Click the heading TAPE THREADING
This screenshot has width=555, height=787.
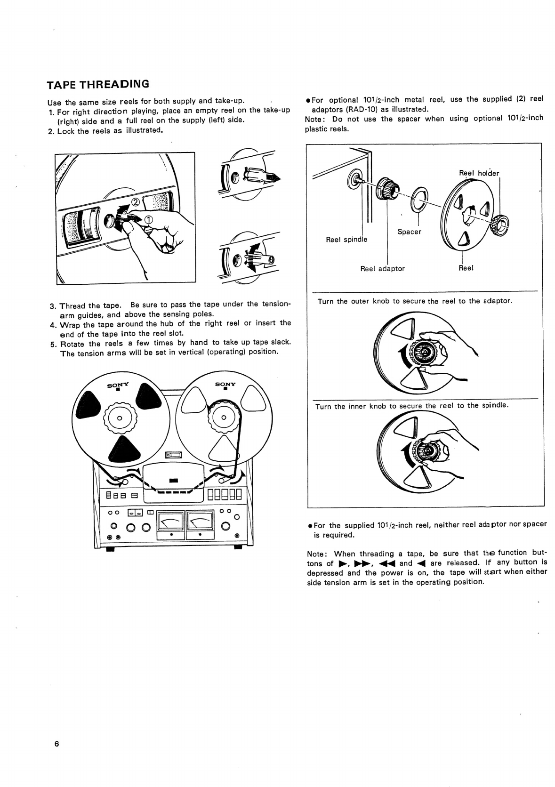(98, 85)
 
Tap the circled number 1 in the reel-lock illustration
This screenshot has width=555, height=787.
(148, 219)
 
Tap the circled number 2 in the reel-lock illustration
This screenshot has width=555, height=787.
(135, 203)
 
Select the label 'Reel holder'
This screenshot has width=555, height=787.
(478, 173)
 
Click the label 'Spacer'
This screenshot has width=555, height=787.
(409, 232)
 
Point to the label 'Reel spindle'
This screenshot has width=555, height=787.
(346, 239)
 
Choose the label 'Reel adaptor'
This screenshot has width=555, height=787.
(382, 269)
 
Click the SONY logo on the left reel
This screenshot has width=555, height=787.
(119, 385)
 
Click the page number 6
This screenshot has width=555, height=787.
(56, 744)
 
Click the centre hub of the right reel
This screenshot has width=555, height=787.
(224, 418)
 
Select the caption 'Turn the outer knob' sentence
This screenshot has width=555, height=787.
(415, 301)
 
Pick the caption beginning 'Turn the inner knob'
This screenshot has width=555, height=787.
(411, 406)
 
